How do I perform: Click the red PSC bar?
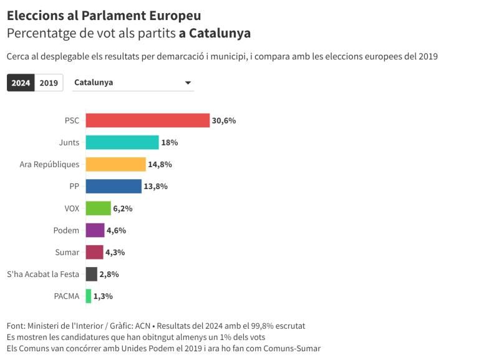click(147, 120)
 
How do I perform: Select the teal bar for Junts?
click(122, 142)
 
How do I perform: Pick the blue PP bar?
click(114, 186)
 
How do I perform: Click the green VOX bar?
click(98, 208)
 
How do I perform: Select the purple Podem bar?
click(95, 230)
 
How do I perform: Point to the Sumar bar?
click(94, 252)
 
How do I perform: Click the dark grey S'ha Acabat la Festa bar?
click(91, 274)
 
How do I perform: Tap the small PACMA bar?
click(89, 296)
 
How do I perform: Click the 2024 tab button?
click(21, 83)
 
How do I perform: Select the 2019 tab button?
click(49, 83)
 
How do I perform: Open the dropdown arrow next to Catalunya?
click(188, 83)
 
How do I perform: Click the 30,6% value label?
click(224, 120)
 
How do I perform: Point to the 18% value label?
click(170, 142)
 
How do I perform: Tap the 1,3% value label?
click(103, 296)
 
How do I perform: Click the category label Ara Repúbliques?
click(50, 164)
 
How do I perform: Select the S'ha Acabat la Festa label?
click(43, 274)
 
